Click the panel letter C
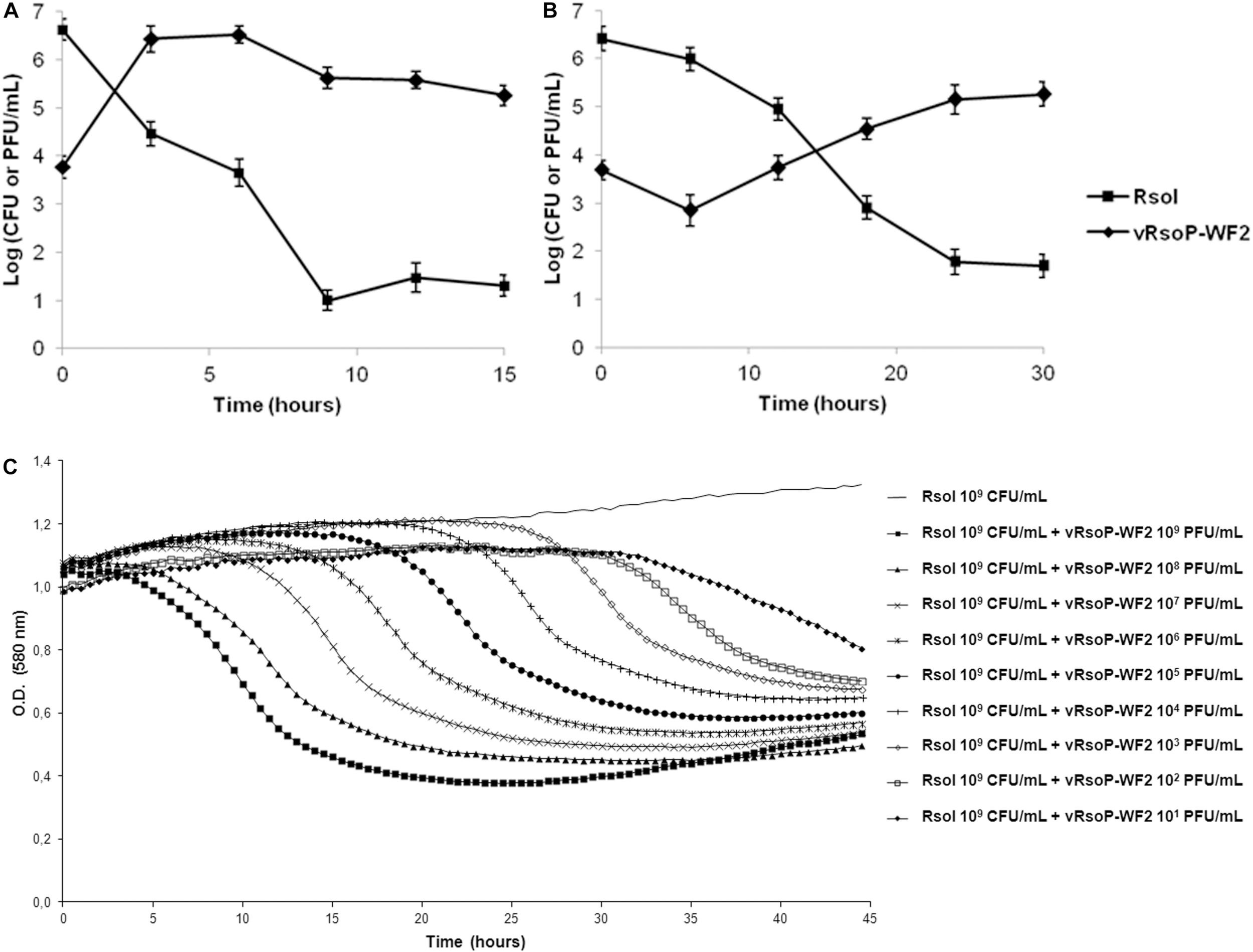[x=10, y=466]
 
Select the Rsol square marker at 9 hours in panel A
[x=327, y=301]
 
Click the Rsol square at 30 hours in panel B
[x=1043, y=266]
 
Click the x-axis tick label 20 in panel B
[x=896, y=374]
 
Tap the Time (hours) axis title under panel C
[x=475, y=941]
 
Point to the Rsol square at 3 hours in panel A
[x=151, y=134]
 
